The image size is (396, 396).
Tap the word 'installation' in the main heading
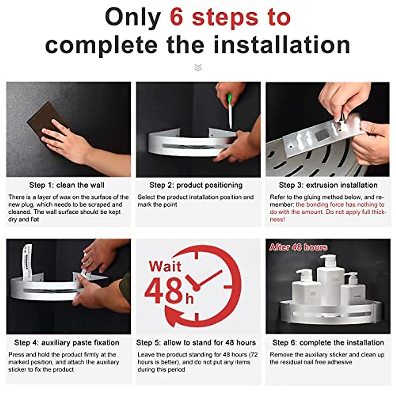[x=282, y=45]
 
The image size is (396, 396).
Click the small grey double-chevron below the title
[x=198, y=67]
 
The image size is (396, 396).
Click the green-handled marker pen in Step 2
[x=230, y=111]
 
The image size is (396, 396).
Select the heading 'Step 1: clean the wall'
[x=67, y=185]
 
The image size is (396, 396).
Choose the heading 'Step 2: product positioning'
[x=196, y=185]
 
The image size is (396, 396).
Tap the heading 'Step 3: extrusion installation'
[x=328, y=185]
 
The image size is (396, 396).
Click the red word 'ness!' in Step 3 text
[x=277, y=219]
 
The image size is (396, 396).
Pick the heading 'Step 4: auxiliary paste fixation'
[x=67, y=343]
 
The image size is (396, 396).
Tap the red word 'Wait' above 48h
[x=165, y=267]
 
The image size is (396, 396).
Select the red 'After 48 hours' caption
[x=298, y=247]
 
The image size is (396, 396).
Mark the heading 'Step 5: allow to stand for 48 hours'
[x=196, y=343]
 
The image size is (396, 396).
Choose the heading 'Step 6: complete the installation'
[x=328, y=343]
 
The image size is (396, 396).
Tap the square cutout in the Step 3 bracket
[x=321, y=135]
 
